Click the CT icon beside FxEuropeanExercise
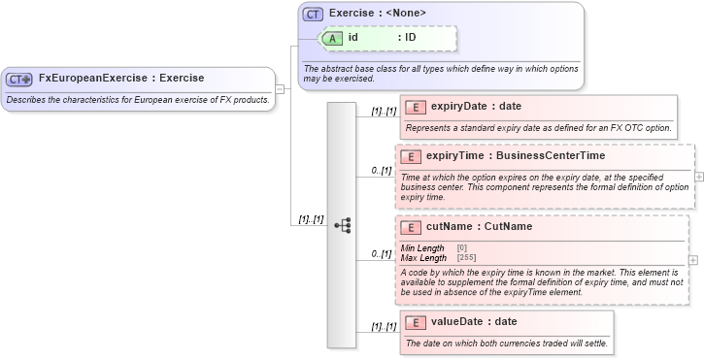pyautogui.click(x=19, y=80)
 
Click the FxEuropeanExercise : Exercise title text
pyautogui.click(x=121, y=79)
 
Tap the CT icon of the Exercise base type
pyautogui.click(x=313, y=15)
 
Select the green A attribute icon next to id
pyautogui.click(x=332, y=38)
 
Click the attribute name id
pyautogui.click(x=354, y=38)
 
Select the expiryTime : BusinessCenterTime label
pyautogui.click(x=516, y=156)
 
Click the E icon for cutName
pyautogui.click(x=412, y=227)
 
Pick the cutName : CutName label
pyautogui.click(x=479, y=227)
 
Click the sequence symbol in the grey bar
pyautogui.click(x=342, y=225)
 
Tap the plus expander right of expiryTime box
pyautogui.click(x=699, y=177)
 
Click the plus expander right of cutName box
pyautogui.click(x=692, y=260)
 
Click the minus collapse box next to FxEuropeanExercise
pyautogui.click(x=280, y=88)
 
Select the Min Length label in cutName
pyautogui.click(x=422, y=248)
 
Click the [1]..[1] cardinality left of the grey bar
pyautogui.click(x=311, y=220)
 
